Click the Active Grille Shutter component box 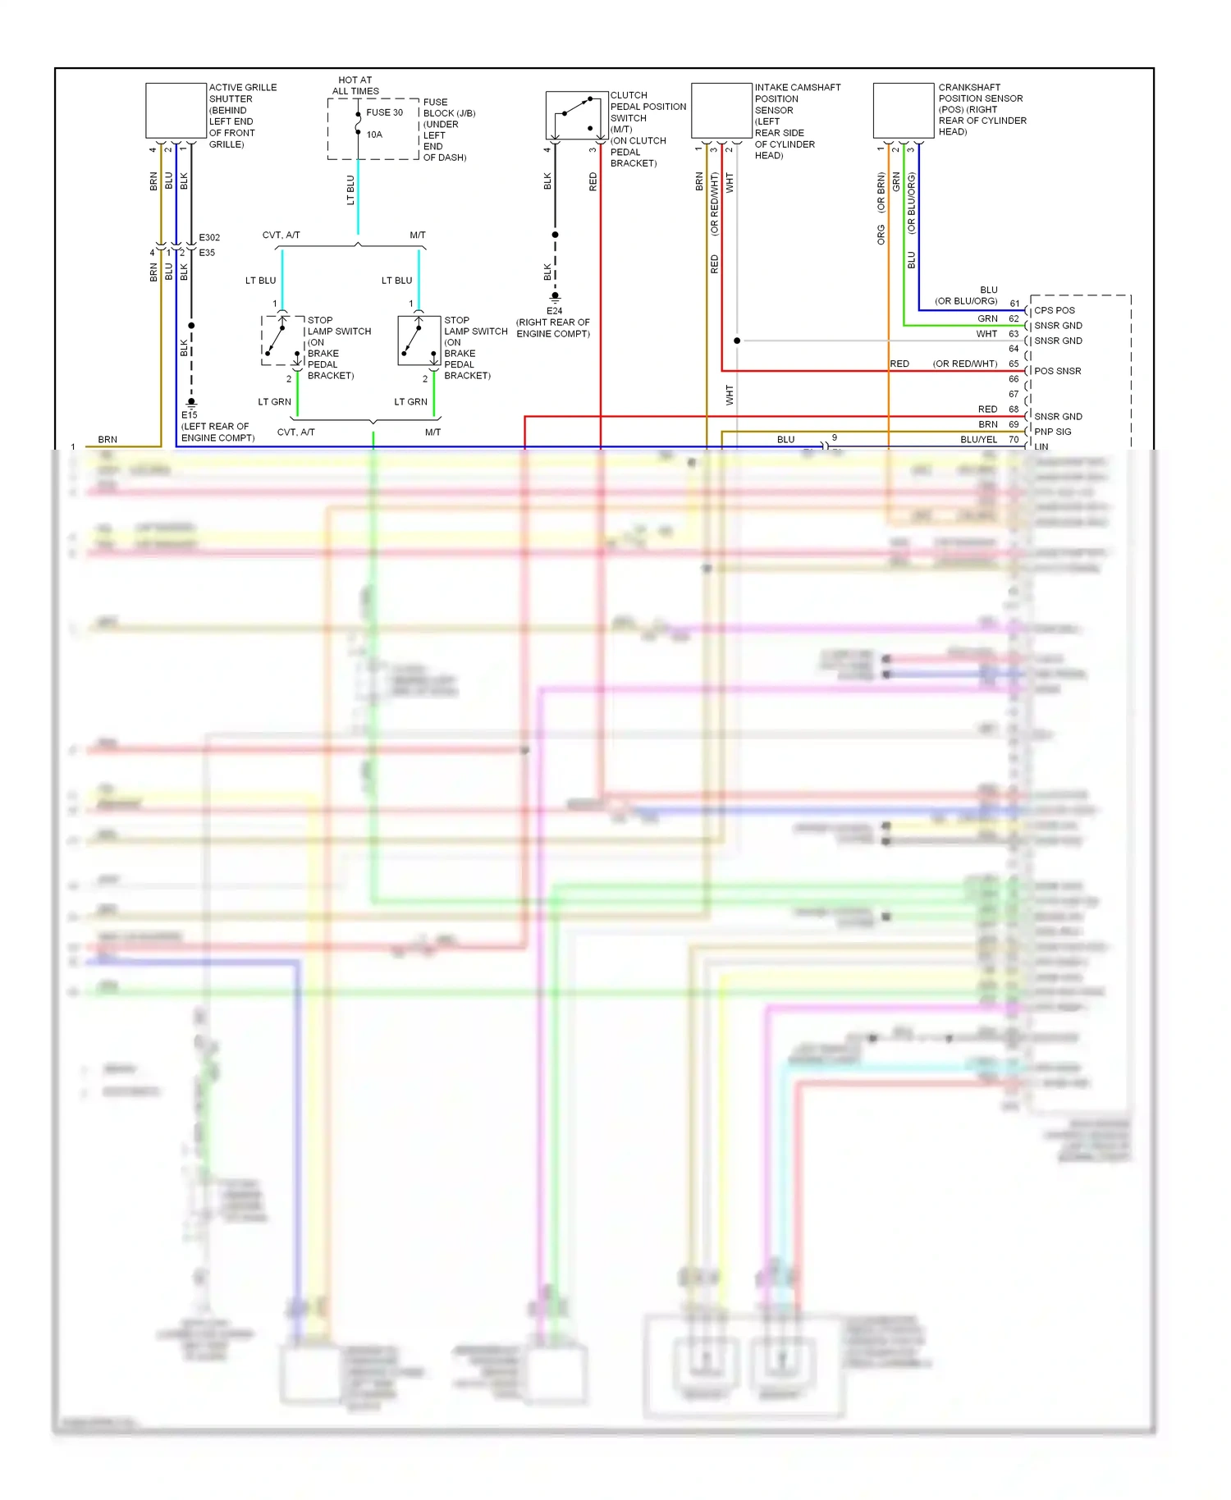[x=176, y=111]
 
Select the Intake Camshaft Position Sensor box [x=721, y=111]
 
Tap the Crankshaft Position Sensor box [x=904, y=111]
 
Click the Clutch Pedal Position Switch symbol [x=576, y=116]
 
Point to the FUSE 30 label [x=384, y=112]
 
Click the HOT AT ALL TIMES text [x=355, y=85]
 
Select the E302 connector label [x=209, y=237]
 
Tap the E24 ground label [x=555, y=311]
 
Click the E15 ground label [x=190, y=415]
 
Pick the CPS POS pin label [x=1054, y=310]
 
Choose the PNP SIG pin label [x=1052, y=432]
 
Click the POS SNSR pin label [x=1057, y=371]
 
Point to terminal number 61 [x=1014, y=304]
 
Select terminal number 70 [x=1014, y=440]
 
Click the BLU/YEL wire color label [x=978, y=440]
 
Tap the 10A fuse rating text [x=374, y=135]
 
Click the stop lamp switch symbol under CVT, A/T [x=282, y=340]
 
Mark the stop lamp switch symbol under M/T [x=419, y=340]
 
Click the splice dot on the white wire [x=737, y=341]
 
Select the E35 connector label [x=207, y=253]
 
